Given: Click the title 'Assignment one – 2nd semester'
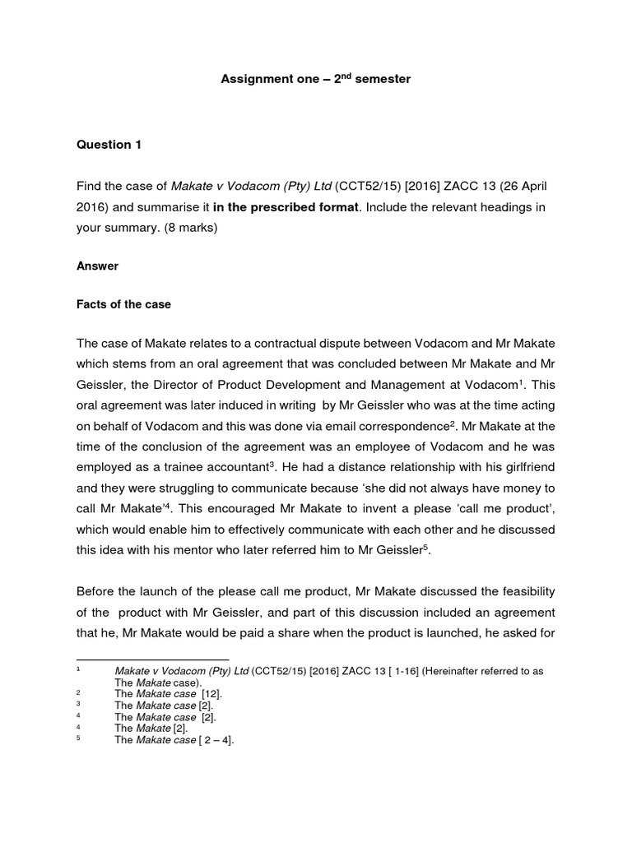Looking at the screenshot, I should coord(315,80).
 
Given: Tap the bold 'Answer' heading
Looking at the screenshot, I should coord(98,266).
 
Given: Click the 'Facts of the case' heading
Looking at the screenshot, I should coord(123,304).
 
